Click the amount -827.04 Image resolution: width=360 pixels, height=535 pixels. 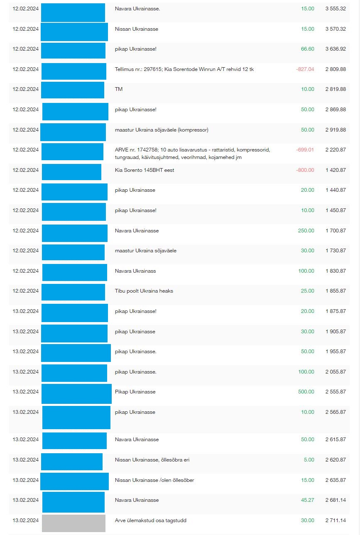[x=305, y=69]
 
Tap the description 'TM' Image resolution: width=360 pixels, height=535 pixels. [x=119, y=89]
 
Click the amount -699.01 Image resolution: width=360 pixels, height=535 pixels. [x=305, y=150]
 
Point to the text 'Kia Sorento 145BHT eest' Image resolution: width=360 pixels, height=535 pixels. [x=144, y=170]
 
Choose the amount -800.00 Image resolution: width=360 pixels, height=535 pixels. [x=305, y=170]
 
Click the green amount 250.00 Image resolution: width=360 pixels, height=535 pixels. [x=306, y=231]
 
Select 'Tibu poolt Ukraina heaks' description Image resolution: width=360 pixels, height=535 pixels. [x=144, y=291]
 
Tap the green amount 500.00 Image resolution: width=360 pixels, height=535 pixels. [x=306, y=392]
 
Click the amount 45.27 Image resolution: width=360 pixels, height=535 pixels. [x=307, y=500]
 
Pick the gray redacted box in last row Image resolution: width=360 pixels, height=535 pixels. [x=73, y=523]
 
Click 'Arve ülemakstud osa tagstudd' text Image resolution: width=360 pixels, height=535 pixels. [x=153, y=520]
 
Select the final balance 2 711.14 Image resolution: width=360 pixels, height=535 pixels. [x=336, y=520]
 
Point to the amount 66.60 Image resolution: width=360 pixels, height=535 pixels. [x=307, y=49]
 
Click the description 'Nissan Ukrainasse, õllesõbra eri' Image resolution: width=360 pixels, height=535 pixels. [x=152, y=460]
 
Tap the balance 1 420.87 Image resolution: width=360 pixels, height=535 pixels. [x=336, y=170]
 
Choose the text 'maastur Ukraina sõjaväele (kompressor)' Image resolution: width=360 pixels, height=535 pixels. [x=162, y=130]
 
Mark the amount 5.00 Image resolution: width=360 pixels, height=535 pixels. [x=309, y=460]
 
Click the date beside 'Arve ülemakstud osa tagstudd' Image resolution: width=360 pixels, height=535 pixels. [x=26, y=520]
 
